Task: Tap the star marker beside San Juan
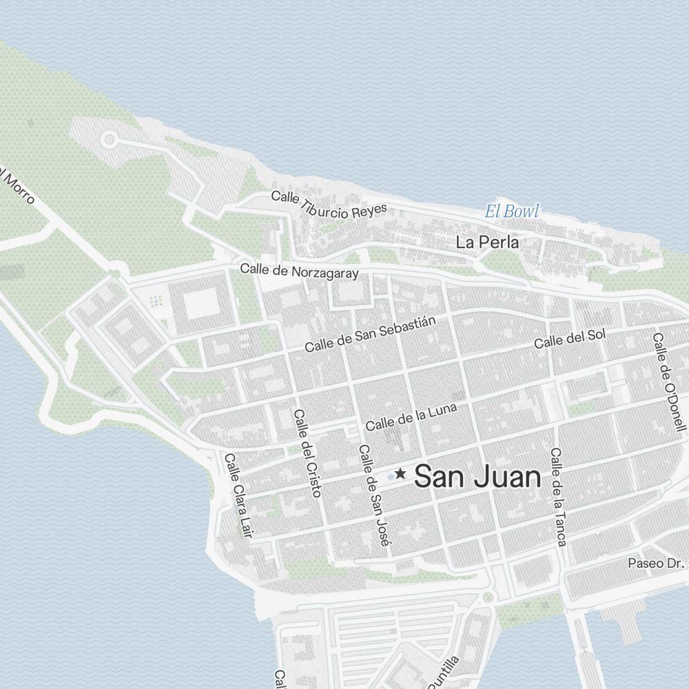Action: coord(400,474)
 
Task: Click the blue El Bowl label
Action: coord(511,212)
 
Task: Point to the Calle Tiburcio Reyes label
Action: coord(329,205)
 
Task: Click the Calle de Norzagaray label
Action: coord(300,271)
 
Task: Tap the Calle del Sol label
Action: coord(570,338)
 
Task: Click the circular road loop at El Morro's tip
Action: coord(108,140)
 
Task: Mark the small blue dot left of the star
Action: coord(391,475)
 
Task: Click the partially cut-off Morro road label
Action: coord(18,186)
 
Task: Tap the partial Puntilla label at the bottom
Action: coord(442,672)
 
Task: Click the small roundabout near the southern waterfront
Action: coord(489,597)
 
